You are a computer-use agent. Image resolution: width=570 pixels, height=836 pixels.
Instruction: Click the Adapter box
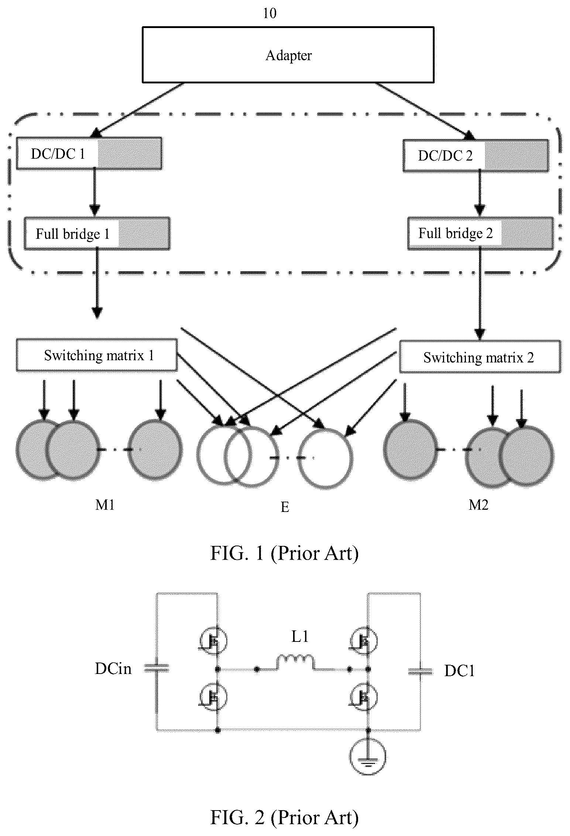click(288, 55)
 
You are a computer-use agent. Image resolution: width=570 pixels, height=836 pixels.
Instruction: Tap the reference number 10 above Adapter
click(269, 13)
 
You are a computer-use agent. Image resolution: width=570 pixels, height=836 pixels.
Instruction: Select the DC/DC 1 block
click(89, 154)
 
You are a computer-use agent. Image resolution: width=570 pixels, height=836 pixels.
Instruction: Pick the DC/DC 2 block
click(475, 155)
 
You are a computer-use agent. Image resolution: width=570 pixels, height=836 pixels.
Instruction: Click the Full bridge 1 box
click(97, 234)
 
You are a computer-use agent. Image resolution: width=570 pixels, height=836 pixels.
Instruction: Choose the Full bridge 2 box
click(481, 233)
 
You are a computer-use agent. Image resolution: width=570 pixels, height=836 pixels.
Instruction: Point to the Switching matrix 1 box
click(97, 355)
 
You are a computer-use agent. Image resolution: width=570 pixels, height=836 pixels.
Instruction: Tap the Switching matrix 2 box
click(480, 357)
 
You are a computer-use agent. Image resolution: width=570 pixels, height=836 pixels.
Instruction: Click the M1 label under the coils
click(105, 505)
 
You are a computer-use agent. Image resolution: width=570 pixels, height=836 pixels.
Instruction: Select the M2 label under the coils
click(478, 505)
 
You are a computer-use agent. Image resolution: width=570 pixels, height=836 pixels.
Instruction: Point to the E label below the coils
click(285, 507)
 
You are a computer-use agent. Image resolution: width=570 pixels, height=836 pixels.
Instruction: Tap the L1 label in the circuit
click(300, 636)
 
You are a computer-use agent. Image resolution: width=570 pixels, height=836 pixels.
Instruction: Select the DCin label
click(113, 668)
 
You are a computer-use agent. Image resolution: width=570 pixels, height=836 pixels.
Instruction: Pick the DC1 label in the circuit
click(459, 671)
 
